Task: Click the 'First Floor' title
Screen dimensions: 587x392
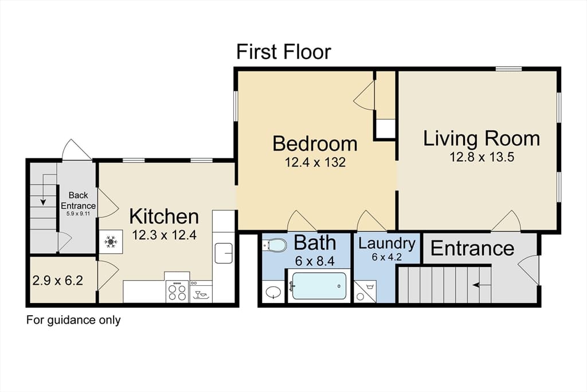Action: tap(283, 52)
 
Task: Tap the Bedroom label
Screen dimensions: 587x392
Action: tap(315, 143)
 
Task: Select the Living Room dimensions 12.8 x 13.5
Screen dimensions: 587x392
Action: tap(482, 157)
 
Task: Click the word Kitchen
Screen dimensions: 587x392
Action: tap(164, 216)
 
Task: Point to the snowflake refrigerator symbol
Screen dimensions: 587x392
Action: tap(111, 242)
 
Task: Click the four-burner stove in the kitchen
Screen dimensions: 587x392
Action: tap(178, 291)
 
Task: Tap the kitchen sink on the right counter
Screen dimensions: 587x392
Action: tap(224, 253)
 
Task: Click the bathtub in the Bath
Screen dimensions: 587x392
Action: tap(319, 286)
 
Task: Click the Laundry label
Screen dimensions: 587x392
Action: tap(387, 243)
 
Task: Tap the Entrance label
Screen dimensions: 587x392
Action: tap(472, 248)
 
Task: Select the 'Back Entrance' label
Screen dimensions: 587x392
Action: tap(78, 200)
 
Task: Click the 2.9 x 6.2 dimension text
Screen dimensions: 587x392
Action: tap(58, 280)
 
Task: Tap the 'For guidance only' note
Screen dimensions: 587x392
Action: tap(73, 320)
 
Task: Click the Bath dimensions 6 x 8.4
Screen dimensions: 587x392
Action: tap(315, 261)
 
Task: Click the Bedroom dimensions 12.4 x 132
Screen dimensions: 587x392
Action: tap(315, 162)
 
